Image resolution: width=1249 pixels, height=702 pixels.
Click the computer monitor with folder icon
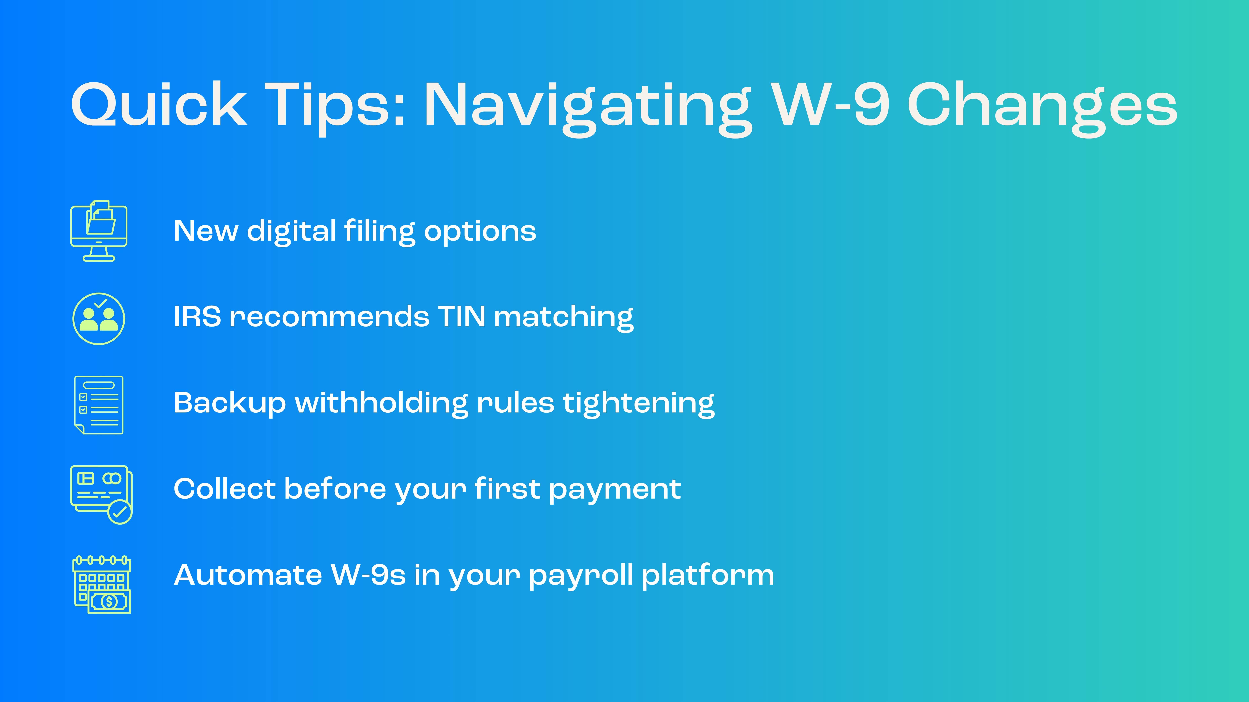tap(99, 231)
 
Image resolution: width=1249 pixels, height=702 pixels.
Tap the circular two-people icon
tap(99, 319)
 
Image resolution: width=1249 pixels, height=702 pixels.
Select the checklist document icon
tap(99, 405)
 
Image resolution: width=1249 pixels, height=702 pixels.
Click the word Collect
tap(224, 489)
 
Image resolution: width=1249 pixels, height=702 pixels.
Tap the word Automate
tap(248, 575)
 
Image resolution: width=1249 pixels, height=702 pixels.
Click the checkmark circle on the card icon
tap(120, 512)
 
